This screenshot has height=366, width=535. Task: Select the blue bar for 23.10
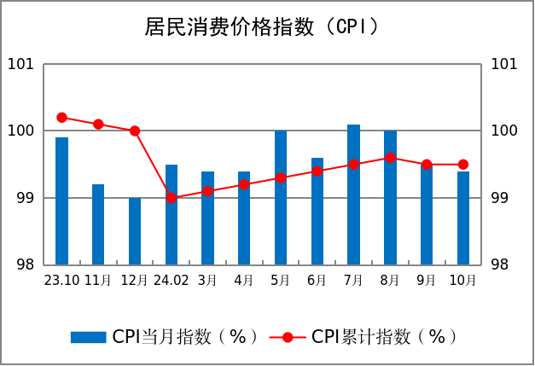(61, 200)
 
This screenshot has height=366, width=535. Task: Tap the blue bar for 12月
(135, 231)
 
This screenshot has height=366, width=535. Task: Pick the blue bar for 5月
(281, 197)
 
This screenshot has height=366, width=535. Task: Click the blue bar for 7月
(353, 195)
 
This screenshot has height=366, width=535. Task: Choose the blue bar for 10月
(463, 218)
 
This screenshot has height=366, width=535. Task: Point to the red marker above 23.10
(61, 118)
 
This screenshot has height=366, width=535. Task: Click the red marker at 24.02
(172, 198)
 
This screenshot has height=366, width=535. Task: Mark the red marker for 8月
(390, 158)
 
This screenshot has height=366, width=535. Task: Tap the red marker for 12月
(135, 131)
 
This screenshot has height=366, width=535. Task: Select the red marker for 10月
(463, 165)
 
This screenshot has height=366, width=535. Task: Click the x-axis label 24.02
(172, 280)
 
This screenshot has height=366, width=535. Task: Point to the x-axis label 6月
(317, 280)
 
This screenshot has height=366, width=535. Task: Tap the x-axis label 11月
(98, 280)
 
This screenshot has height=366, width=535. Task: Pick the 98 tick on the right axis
(506, 264)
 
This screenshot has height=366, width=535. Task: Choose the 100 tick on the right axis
(506, 131)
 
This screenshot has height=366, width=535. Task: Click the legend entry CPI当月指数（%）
(166, 337)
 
